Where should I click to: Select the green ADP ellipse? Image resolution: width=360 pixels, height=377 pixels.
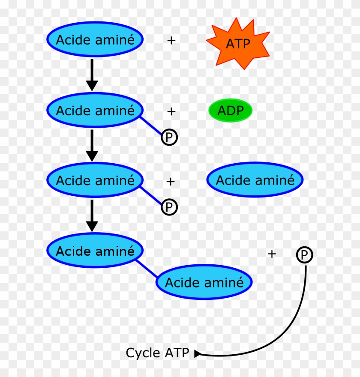click(x=230, y=111)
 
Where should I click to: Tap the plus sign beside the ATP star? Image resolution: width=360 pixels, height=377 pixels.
click(x=171, y=41)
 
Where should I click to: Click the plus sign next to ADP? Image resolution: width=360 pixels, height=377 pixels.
click(x=171, y=111)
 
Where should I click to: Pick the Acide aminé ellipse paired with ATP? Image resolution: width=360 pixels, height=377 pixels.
click(x=95, y=40)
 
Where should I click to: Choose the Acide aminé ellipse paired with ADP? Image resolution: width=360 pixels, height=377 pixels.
click(x=95, y=110)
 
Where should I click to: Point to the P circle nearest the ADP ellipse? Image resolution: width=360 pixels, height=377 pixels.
click(x=169, y=138)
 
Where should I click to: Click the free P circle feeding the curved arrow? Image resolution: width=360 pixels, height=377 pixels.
click(x=304, y=255)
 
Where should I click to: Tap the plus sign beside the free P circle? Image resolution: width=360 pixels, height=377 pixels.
click(x=272, y=254)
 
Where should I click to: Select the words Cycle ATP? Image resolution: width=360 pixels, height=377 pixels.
click(x=157, y=353)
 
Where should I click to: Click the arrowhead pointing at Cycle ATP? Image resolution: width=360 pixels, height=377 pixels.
click(x=197, y=354)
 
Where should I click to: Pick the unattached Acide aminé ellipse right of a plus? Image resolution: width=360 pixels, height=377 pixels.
click(x=255, y=180)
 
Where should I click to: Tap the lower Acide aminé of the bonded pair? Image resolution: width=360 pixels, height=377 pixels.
click(x=204, y=282)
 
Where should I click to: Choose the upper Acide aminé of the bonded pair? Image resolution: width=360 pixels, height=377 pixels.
click(x=95, y=251)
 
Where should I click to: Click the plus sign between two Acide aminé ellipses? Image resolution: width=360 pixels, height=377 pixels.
click(x=171, y=182)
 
